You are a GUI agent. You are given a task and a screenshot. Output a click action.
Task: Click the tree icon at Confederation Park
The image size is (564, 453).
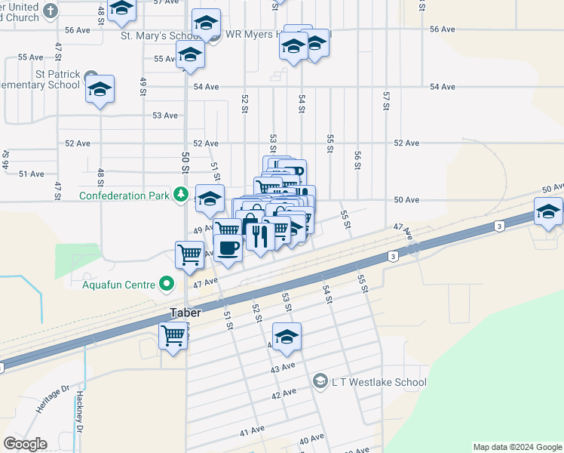click(181, 196)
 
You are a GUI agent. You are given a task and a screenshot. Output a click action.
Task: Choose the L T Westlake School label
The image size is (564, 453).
click(380, 382)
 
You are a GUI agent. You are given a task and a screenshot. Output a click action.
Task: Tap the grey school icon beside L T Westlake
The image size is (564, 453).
click(320, 381)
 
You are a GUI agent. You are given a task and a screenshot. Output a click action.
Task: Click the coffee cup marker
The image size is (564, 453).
click(228, 247)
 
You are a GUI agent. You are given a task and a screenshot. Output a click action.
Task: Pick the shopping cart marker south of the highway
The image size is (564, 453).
click(173, 334)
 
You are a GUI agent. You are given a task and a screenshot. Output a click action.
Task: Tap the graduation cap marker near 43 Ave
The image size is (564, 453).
click(287, 337)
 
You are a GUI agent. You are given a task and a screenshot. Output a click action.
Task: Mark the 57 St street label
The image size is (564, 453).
click(386, 98)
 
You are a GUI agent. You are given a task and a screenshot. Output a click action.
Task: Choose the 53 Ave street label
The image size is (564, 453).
click(165, 116)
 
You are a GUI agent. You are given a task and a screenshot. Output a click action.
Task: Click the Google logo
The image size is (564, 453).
click(25, 444)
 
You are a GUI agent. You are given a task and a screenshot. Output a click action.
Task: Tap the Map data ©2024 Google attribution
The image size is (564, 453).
click(516, 447)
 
